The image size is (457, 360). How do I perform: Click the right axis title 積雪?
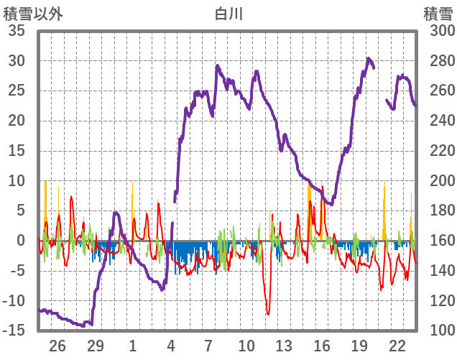pos(437,13)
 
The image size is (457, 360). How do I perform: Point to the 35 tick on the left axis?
pos(17,31)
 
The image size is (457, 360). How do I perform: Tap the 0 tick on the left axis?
pos(21,241)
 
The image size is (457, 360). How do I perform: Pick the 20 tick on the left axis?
pos(17,121)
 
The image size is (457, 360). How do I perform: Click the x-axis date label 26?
pos(57,346)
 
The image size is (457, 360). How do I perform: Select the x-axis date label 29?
pos(95,346)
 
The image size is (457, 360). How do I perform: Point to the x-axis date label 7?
pos(208,346)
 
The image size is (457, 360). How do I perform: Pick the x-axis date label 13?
pos(284,346)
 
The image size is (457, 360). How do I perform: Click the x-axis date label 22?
pos(397,346)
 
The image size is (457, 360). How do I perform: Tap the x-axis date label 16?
pos(322,346)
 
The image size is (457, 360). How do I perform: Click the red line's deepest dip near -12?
pos(268,313)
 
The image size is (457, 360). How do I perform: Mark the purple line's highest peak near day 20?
pos(368,59)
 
